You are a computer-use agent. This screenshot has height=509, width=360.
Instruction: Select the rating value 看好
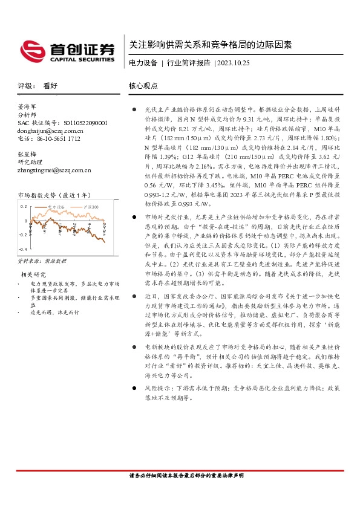coord(50,86)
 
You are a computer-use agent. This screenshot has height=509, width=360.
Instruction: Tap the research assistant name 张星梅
coord(28,154)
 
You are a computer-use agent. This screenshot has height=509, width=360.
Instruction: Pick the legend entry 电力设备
coord(58,207)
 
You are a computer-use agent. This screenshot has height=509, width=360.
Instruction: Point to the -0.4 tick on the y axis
coord(23,249)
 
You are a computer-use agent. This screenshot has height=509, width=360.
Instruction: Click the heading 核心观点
coord(143,86)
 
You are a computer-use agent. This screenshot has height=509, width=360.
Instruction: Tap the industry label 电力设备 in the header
coord(143,63)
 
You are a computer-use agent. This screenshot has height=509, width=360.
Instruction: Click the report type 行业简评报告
coord(188,63)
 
